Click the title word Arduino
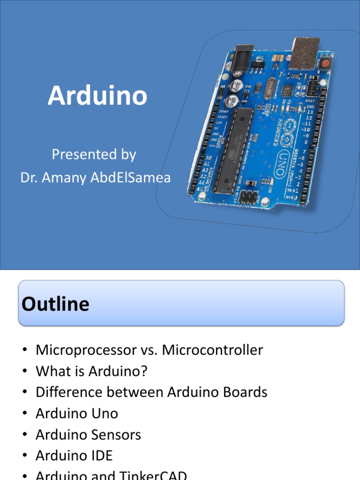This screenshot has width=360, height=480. tap(97, 96)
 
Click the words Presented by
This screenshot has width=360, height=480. tap(94, 154)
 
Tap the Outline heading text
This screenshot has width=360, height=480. tap(55, 304)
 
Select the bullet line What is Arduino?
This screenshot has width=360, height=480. tap(91, 371)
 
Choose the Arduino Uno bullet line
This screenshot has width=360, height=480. tap(77, 413)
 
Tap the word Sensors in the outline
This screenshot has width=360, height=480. tap(117, 435)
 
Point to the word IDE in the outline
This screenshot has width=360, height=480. tap(102, 456)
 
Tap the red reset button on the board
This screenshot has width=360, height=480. tap(325, 63)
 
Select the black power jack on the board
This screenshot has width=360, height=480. tap(243, 59)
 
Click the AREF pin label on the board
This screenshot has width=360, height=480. tap(310, 101)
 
